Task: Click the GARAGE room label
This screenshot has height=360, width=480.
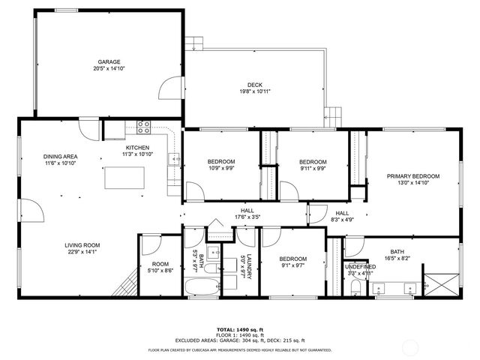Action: (x=109, y=62)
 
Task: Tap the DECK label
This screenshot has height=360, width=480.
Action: (x=255, y=85)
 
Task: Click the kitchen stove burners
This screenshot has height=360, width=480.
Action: (x=142, y=126)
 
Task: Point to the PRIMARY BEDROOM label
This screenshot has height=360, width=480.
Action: (x=412, y=176)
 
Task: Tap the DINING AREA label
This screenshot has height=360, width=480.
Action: (x=60, y=157)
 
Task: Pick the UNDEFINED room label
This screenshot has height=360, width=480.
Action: (x=360, y=266)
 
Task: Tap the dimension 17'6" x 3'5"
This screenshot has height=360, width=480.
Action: (x=247, y=217)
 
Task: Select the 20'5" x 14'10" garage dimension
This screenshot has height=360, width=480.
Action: (x=109, y=69)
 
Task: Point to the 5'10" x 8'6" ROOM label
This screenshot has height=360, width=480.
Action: (x=160, y=268)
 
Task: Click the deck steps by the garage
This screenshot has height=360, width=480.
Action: (x=194, y=42)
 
